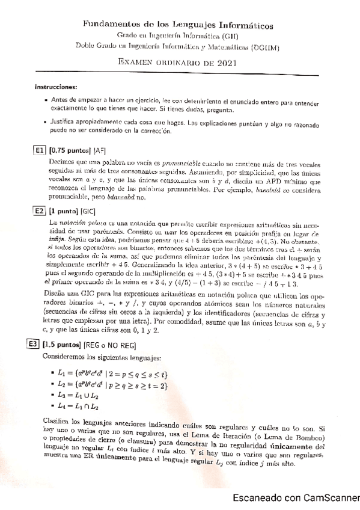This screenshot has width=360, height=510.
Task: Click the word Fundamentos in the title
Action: [x=109, y=26]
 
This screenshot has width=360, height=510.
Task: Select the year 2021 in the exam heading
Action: [x=225, y=62]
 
